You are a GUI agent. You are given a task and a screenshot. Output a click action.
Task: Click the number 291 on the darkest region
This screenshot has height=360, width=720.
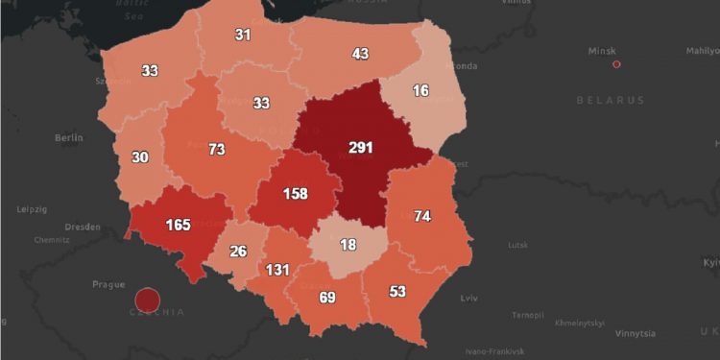click(x=361, y=148)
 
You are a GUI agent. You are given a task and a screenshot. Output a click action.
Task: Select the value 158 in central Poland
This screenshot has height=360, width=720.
click(x=295, y=194)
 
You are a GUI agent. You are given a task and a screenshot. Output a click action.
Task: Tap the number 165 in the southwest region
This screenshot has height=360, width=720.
click(x=179, y=225)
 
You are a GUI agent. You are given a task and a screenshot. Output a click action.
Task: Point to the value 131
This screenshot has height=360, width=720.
click(x=277, y=270)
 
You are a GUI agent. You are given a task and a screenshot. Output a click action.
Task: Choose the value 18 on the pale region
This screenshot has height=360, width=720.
click(x=348, y=246)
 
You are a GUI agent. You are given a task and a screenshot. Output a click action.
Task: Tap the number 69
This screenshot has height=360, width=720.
click(x=327, y=297)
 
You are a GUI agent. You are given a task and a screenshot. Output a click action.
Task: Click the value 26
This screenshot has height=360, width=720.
click(x=238, y=252)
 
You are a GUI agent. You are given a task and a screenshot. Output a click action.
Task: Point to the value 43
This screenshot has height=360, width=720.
click(x=360, y=54)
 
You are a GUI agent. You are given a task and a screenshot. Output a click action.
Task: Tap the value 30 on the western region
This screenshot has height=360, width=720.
click(x=140, y=157)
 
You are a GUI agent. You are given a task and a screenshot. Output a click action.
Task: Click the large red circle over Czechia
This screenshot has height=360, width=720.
click(x=147, y=300)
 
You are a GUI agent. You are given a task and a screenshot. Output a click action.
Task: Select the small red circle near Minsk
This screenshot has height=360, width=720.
click(x=616, y=64)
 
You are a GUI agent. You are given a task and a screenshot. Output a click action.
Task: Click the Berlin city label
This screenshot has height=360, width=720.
click(x=69, y=138)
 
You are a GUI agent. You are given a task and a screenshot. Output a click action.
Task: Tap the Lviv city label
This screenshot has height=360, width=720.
click(x=469, y=299)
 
